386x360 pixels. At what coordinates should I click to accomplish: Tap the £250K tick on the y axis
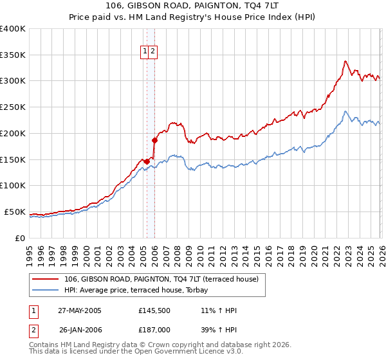pyautogui.click(x=13, y=107)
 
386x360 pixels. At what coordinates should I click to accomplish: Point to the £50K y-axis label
pyautogui.click(x=15, y=212)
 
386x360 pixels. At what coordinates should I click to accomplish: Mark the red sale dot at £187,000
pyautogui.click(x=154, y=139)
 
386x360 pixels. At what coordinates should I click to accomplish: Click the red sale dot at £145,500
pyautogui.click(x=147, y=161)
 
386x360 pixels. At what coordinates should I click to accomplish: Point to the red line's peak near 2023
pyautogui.click(x=345, y=61)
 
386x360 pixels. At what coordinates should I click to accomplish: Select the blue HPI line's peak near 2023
pyautogui.click(x=345, y=111)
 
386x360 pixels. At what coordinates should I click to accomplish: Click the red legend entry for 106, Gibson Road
pyautogui.click(x=161, y=279)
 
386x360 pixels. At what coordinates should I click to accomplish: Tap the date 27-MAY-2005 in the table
pyautogui.click(x=80, y=310)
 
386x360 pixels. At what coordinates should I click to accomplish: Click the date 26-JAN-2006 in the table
pyautogui.click(x=80, y=328)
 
